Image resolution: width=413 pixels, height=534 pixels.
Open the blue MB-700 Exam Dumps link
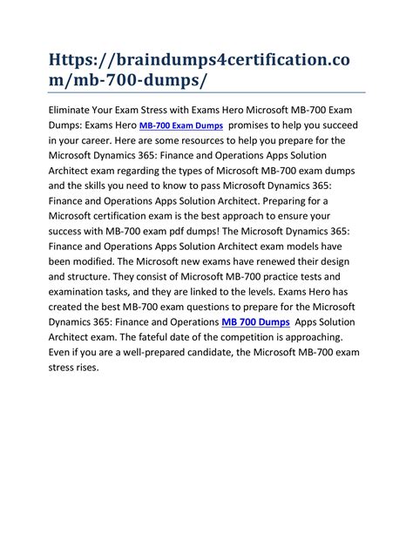point(182,126)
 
